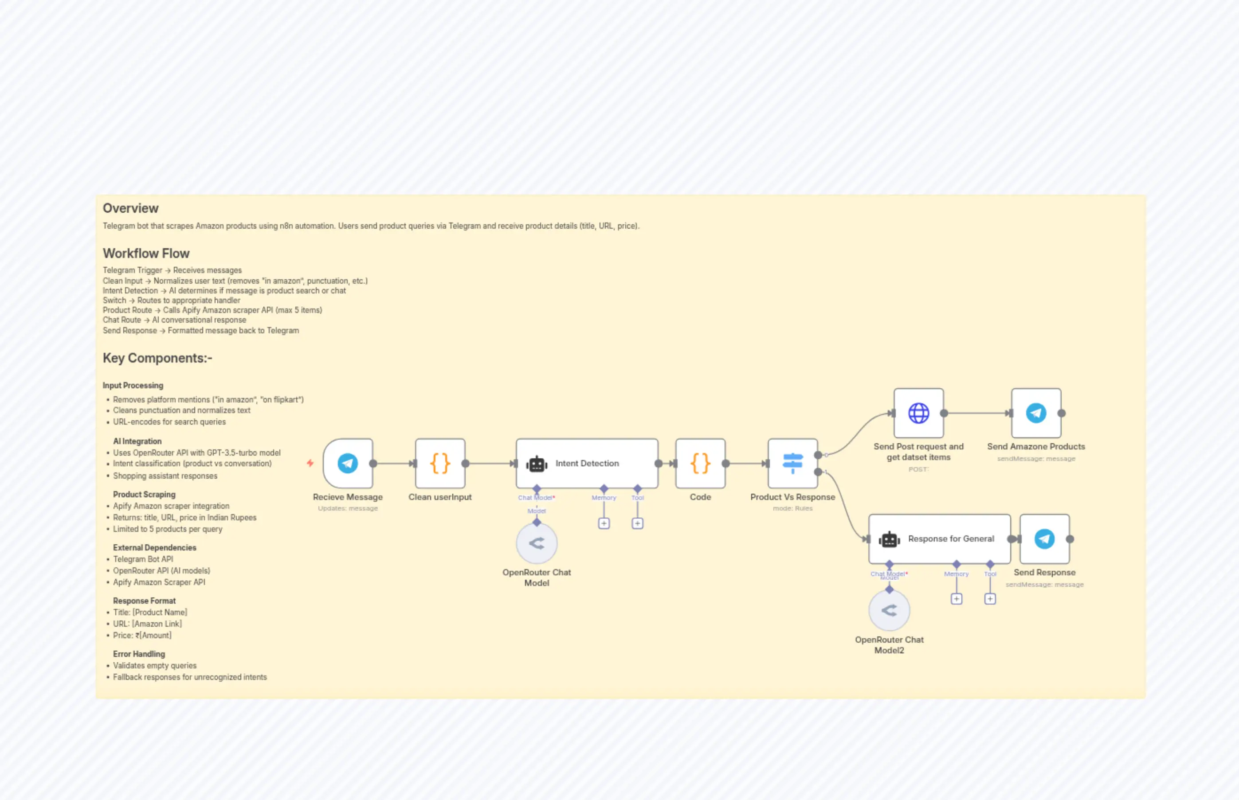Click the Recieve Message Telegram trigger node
point(348,463)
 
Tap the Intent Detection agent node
point(587,463)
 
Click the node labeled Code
point(700,463)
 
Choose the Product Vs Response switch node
point(792,463)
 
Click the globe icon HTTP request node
point(918,413)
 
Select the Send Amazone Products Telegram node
point(1036,413)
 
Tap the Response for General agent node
point(939,539)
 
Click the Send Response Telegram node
point(1044,539)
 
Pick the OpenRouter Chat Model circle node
point(536,543)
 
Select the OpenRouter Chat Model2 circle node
point(889,610)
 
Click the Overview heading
point(130,208)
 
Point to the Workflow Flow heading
point(146,254)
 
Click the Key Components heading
point(157,358)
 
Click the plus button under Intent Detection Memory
point(604,523)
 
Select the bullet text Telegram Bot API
point(143,559)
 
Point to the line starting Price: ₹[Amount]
point(142,635)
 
